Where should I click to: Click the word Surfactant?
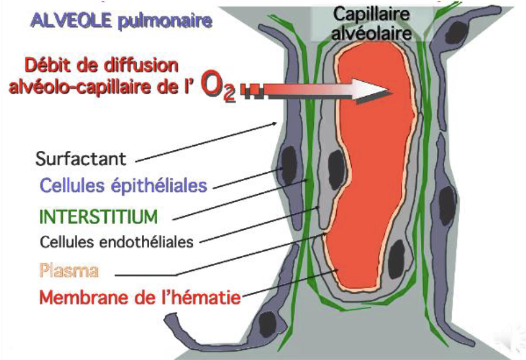pos(81,158)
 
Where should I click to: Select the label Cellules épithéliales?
pos(123,185)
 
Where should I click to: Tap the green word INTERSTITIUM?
pos(99,217)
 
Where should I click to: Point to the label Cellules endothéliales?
pos(117,241)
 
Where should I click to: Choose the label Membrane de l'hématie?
pos(140,297)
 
